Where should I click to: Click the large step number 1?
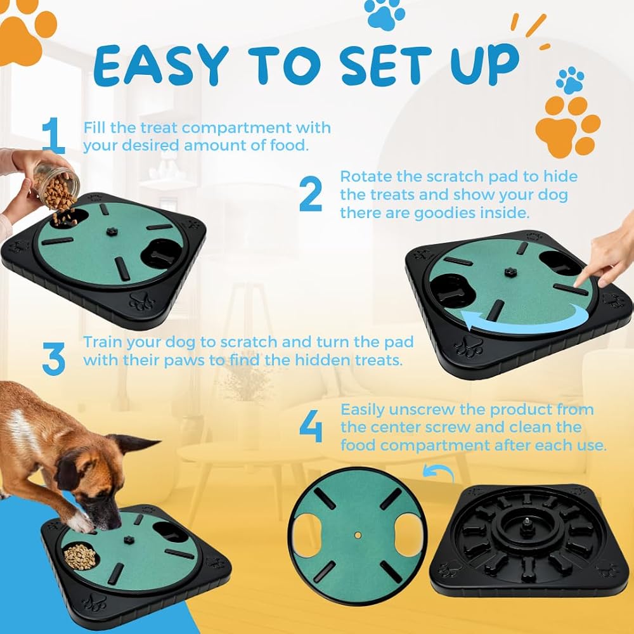[x=54, y=136]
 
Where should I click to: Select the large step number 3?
[x=54, y=359]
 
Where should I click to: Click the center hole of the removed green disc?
[x=358, y=535]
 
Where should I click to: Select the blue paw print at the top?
[x=384, y=14]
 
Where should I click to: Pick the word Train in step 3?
[x=103, y=342]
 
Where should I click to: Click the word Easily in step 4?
[x=363, y=410]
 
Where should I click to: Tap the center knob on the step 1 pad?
[x=111, y=231]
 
